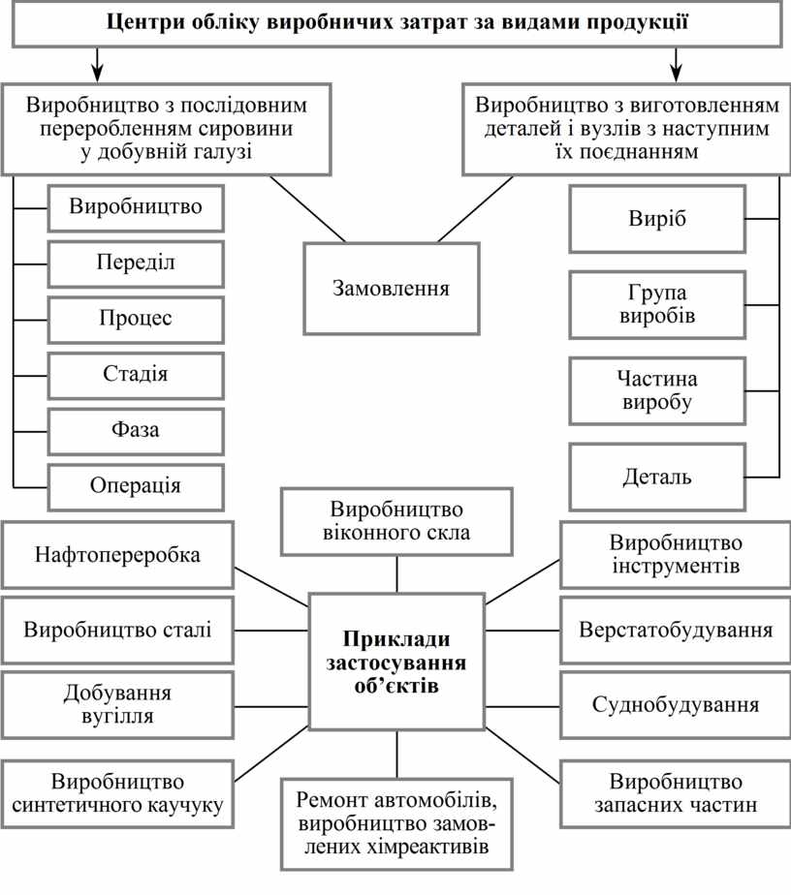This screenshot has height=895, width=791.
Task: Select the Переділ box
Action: [x=136, y=262]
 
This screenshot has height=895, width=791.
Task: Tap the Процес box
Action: [x=136, y=318]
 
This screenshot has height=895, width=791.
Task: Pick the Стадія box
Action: [x=136, y=374]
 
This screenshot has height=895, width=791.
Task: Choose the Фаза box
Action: [x=136, y=429]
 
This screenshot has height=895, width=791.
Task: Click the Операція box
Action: [x=136, y=485]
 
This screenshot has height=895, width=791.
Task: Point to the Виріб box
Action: [x=656, y=219]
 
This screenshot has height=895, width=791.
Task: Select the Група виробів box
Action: [x=656, y=304]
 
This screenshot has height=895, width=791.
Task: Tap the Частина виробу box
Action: [x=656, y=390]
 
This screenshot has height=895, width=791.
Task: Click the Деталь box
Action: [x=656, y=477]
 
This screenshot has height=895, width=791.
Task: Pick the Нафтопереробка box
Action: [x=117, y=555]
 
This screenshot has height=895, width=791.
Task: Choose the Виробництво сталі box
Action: [x=117, y=630]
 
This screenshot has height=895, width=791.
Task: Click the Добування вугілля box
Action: [x=117, y=704]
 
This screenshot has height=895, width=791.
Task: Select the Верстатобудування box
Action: [x=676, y=630]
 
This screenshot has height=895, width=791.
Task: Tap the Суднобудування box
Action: [x=676, y=704]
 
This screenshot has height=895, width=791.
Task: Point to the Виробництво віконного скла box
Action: [x=396, y=521]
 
